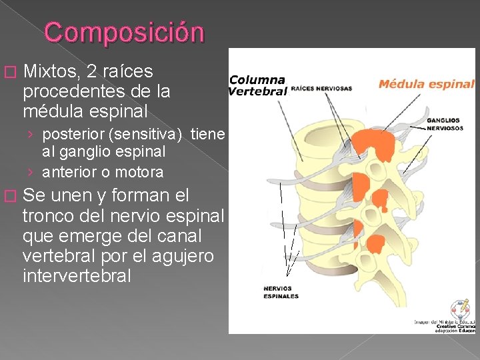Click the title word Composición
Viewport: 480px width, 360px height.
tap(124, 32)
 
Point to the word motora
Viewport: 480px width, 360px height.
tap(140, 172)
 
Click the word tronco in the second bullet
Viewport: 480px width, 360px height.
tap(51, 217)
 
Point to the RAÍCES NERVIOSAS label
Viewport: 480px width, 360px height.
tap(321, 88)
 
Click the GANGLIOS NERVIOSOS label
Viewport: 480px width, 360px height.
tap(444, 124)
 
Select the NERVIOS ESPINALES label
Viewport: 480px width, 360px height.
tap(281, 292)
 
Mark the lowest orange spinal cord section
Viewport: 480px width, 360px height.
tap(376, 243)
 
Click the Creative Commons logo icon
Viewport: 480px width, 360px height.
tap(460, 309)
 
